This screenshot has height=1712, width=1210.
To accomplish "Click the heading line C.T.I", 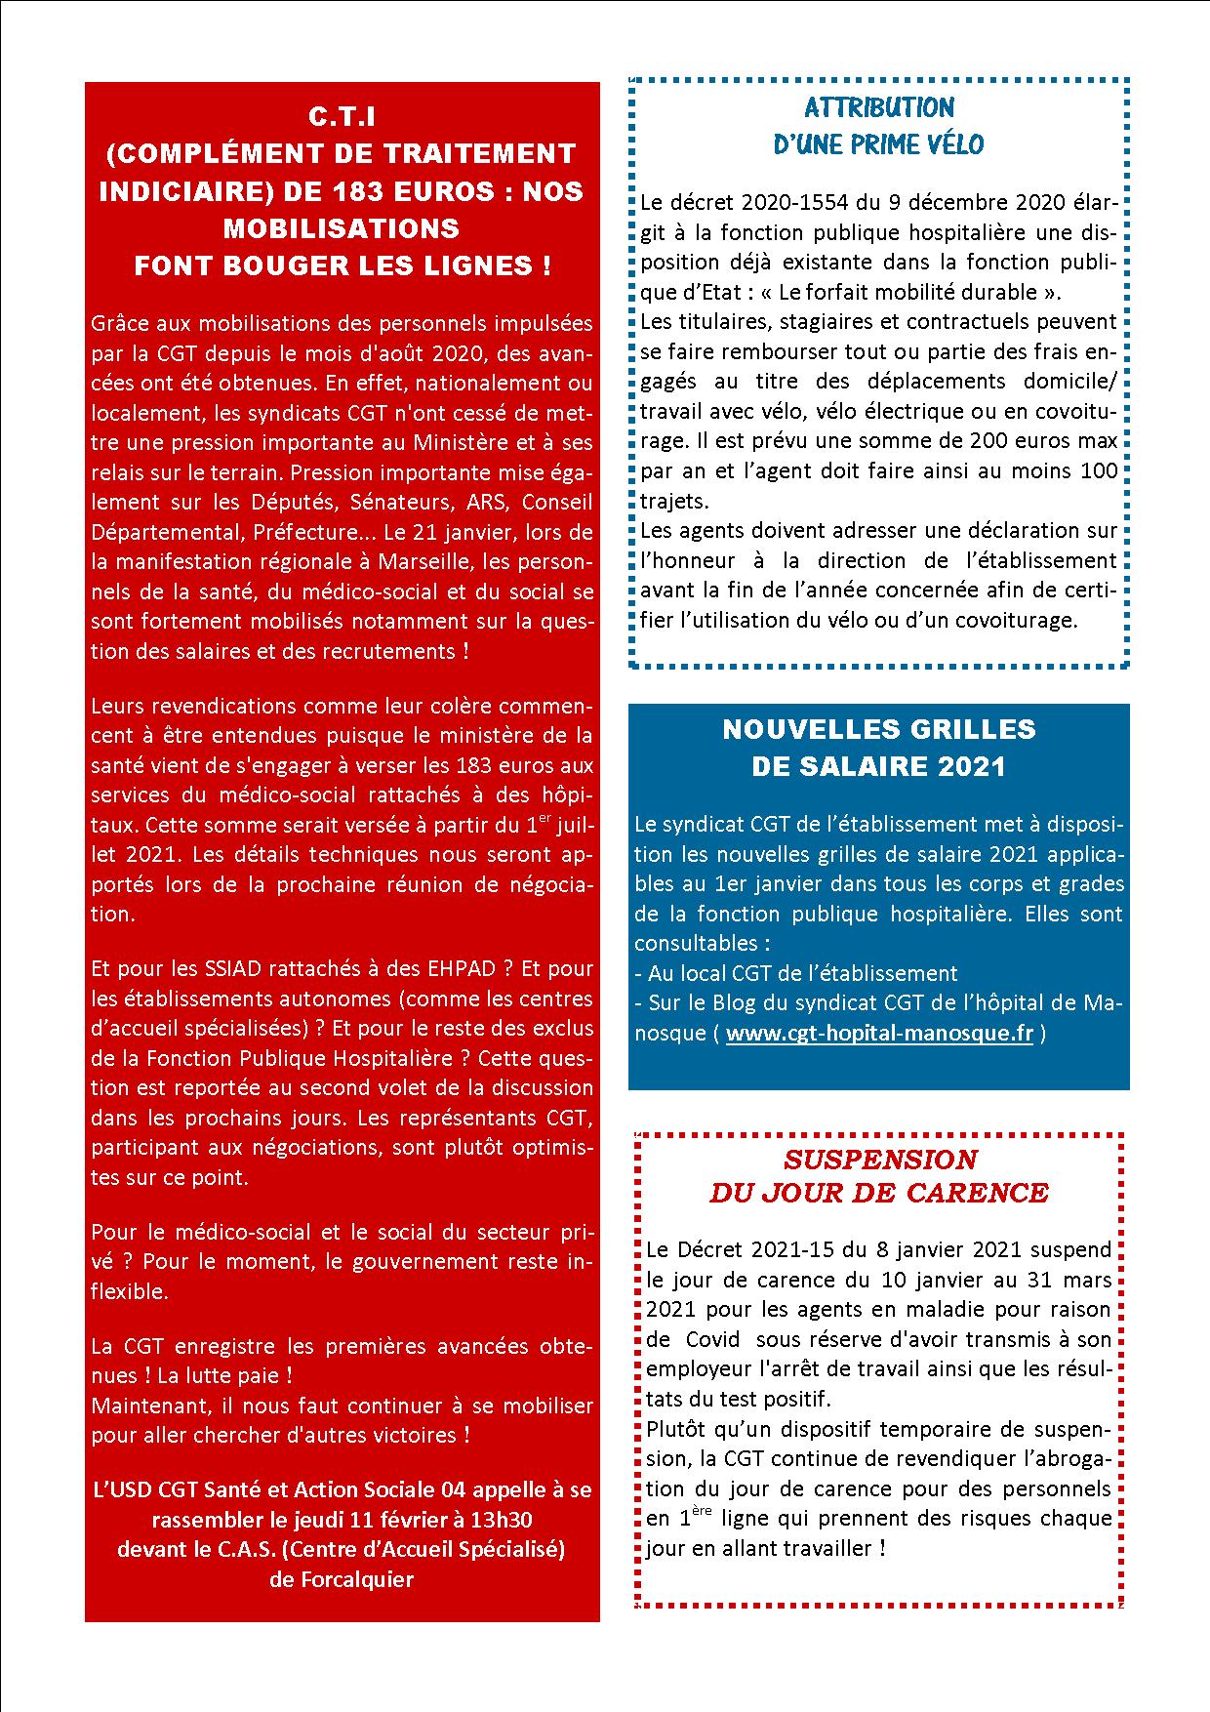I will point(342,117).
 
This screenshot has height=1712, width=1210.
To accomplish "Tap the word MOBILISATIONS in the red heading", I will point(342,228).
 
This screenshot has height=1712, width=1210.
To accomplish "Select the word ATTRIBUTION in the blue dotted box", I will point(879,107).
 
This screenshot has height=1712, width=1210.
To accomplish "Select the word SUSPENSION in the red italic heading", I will point(879,1160).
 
